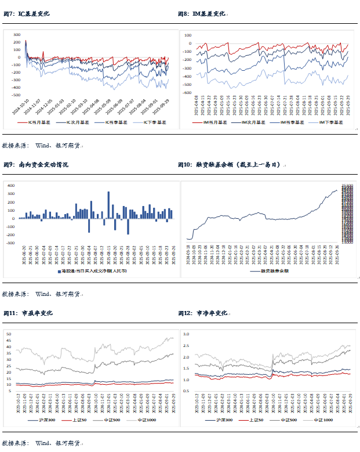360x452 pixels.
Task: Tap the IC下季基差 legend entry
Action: click(x=149, y=122)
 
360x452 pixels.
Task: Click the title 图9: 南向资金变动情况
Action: click(x=35, y=165)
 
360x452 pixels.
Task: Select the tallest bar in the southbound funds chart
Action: click(x=108, y=205)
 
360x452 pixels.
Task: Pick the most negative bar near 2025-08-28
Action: click(x=128, y=226)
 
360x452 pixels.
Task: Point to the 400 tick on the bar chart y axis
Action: click(x=10, y=185)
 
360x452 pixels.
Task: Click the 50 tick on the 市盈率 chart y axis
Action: click(x=9, y=334)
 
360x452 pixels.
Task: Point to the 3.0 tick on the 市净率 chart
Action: click(x=186, y=335)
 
